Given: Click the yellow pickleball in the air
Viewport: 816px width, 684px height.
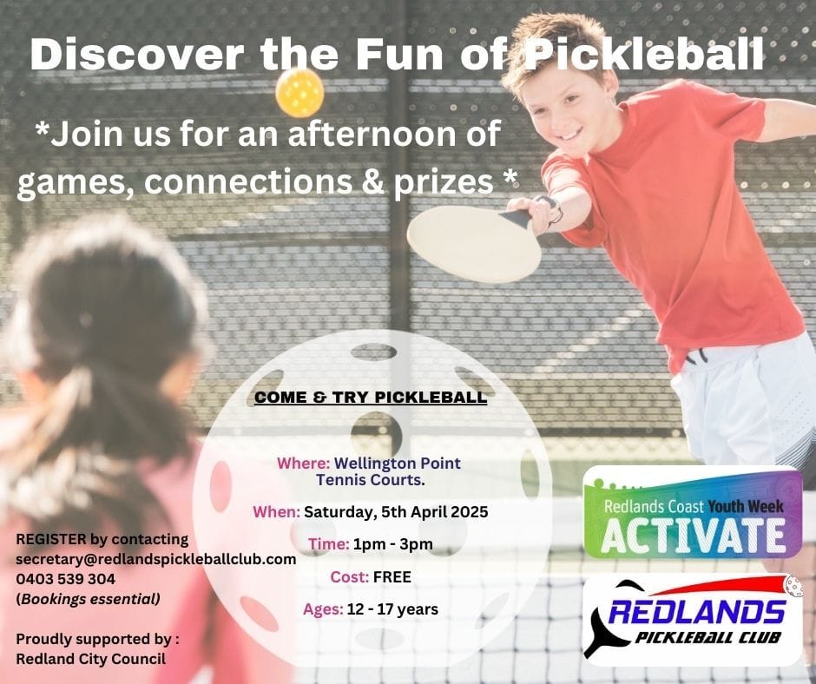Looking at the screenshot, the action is pyautogui.click(x=299, y=93).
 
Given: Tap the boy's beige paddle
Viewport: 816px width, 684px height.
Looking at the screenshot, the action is pyautogui.click(x=474, y=243).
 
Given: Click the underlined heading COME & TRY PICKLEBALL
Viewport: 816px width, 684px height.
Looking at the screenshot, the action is pyautogui.click(x=371, y=398).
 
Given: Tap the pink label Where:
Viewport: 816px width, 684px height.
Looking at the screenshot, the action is pyautogui.click(x=304, y=463).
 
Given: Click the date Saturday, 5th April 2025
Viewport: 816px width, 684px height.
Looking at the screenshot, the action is pyautogui.click(x=396, y=512).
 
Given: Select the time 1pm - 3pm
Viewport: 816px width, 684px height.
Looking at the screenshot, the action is pyautogui.click(x=393, y=544).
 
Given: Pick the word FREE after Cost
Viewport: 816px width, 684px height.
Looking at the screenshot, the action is pyautogui.click(x=392, y=576).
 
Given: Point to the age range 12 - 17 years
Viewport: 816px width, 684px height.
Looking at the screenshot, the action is pyautogui.click(x=392, y=609).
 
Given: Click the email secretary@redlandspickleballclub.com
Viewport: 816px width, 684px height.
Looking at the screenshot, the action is pyautogui.click(x=156, y=559).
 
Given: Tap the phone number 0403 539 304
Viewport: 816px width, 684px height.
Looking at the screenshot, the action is pyautogui.click(x=66, y=579).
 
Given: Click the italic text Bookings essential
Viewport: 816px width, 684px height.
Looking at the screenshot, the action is pyautogui.click(x=90, y=599).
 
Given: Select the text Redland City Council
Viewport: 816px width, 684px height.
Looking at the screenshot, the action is pyautogui.click(x=91, y=659).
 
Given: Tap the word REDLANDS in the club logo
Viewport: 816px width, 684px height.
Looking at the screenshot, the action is pyautogui.click(x=697, y=612).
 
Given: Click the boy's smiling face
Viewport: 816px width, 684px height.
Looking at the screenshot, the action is pyautogui.click(x=561, y=112).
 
